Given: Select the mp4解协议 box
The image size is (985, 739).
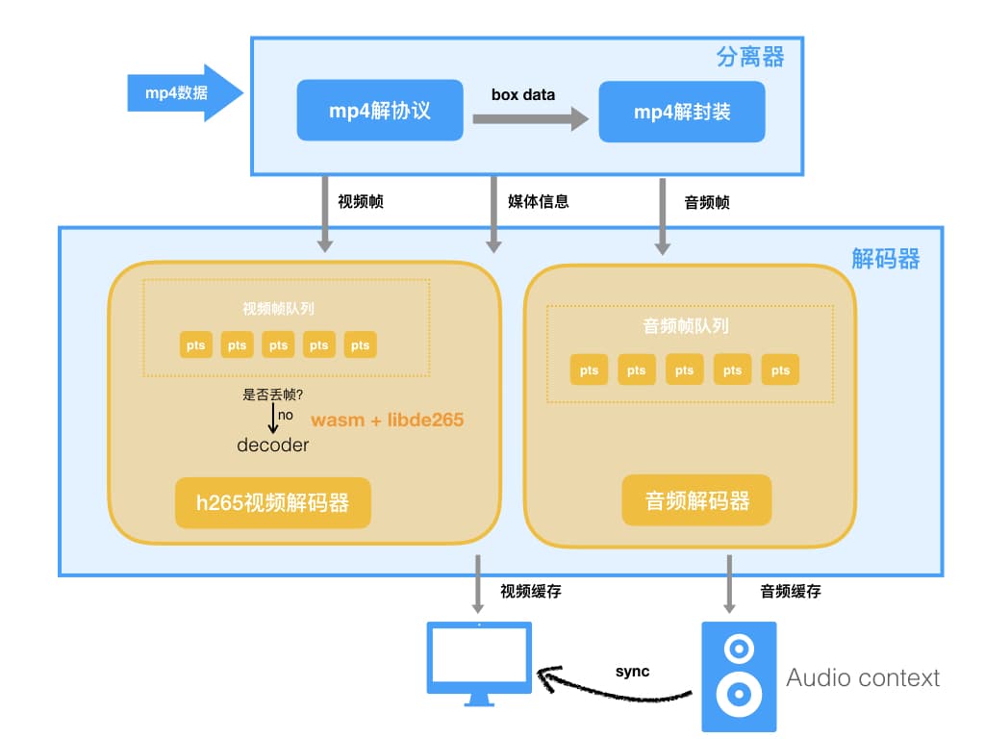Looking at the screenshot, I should coord(379,112).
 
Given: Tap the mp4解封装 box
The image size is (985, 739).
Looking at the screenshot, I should coord(681,112).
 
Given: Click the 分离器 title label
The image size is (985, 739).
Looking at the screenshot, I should coord(750,58).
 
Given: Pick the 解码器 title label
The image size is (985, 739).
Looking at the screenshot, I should coord(885,258).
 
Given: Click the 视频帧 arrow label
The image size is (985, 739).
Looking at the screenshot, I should coord(361,202).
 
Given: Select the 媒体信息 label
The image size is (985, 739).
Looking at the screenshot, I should coord(538,202).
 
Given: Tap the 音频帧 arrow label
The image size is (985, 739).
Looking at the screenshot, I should coord(707,202).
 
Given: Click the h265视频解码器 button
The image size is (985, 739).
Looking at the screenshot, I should coord(272,502).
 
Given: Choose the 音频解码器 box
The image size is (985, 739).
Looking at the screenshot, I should coord(696,500).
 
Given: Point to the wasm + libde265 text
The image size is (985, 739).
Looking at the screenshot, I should coord(387,420).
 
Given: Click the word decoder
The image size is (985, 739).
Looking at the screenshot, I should coord(273,445).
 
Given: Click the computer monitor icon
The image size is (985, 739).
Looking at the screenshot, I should coord(479,662).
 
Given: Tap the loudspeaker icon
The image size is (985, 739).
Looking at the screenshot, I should coord(738,675).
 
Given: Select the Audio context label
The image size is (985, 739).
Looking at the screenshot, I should coord(863,677).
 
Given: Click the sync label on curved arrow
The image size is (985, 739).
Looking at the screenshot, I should coord(632,671).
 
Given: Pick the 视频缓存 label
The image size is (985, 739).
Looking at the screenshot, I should coord(530,592).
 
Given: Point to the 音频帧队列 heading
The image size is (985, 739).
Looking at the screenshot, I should coord(686,326).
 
